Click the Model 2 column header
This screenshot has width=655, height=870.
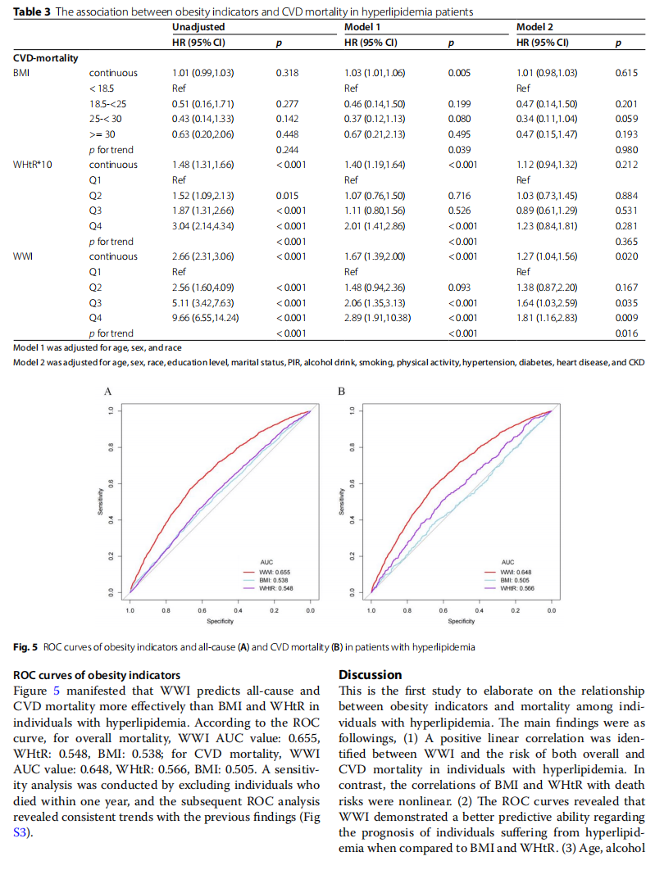[534, 27]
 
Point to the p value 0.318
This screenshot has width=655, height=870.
[287, 73]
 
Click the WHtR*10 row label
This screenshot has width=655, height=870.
[33, 165]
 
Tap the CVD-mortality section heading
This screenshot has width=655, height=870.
[46, 58]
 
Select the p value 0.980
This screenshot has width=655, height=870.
[626, 150]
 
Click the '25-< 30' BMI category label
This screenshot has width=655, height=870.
[106, 119]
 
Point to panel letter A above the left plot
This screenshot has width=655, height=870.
[107, 391]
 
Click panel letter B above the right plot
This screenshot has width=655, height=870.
[341, 391]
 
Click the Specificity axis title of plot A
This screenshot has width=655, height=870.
[220, 622]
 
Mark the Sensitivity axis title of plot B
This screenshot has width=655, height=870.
[341, 501]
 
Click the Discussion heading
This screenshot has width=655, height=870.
[371, 675]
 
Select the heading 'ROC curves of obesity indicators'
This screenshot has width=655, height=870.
[97, 675]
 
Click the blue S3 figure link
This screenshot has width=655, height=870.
[20, 833]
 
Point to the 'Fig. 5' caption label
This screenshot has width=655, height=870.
[25, 647]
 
